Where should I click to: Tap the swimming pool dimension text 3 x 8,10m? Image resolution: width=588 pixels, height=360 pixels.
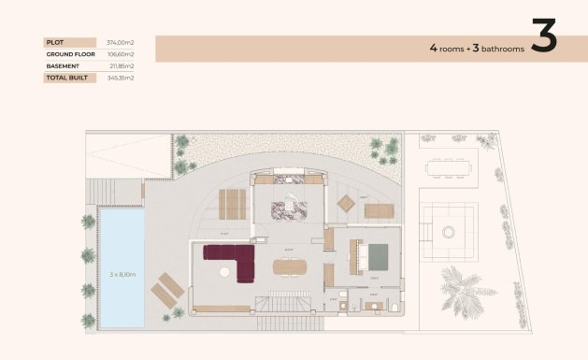122,274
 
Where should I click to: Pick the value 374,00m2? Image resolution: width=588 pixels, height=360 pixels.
122,42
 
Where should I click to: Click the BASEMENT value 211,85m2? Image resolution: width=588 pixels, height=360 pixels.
122,66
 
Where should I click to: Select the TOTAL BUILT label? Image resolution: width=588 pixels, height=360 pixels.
65,79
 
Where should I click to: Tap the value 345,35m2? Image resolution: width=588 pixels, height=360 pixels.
122,79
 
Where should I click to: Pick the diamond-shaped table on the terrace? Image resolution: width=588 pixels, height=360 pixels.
346,203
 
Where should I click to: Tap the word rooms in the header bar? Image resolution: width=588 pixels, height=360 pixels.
451,46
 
